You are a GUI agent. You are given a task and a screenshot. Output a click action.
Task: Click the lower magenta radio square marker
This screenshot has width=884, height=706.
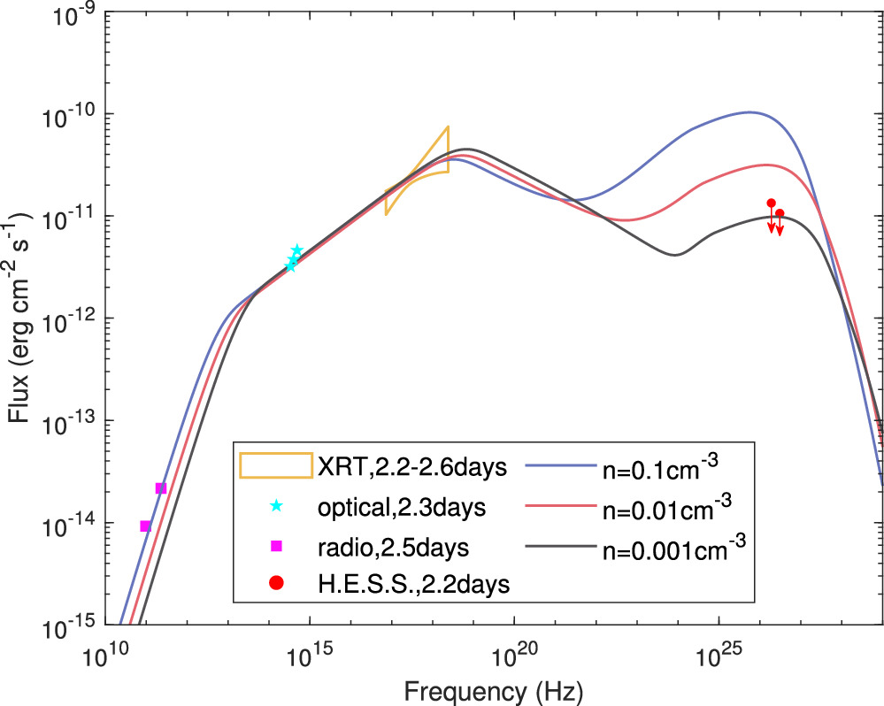pyautogui.click(x=146, y=526)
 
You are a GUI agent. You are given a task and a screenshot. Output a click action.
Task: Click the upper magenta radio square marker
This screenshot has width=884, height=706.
pyautogui.click(x=160, y=488)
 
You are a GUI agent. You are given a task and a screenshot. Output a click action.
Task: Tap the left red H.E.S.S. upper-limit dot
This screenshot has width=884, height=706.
pyautogui.click(x=771, y=203)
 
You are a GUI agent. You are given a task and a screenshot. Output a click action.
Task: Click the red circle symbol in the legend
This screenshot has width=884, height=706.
pyautogui.click(x=276, y=582)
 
